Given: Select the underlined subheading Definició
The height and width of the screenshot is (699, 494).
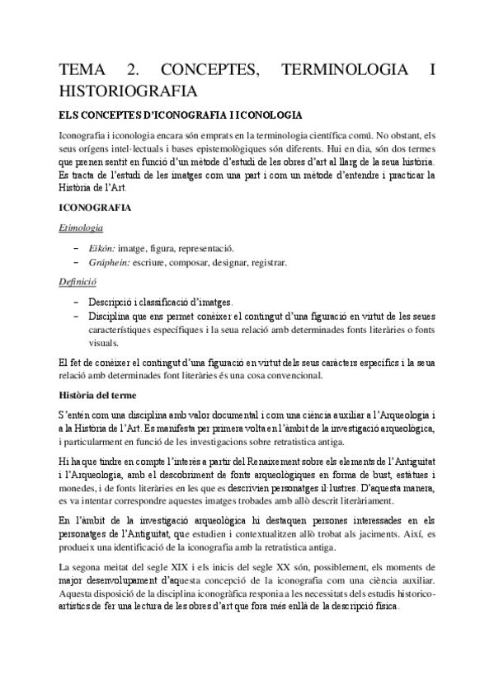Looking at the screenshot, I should (78, 282).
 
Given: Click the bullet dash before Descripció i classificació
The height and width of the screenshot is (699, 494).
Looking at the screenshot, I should (77, 303).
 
